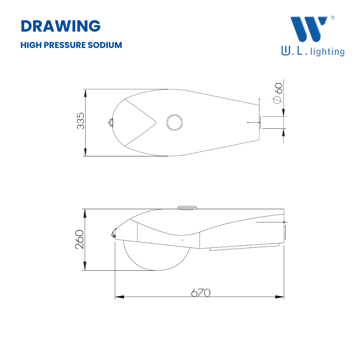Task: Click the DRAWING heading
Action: (61, 26)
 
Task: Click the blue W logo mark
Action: (309, 29)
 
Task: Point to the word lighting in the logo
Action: (327, 52)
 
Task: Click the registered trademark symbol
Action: (332, 18)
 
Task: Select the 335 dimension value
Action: (80, 121)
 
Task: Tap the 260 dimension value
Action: (80, 240)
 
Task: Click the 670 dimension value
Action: (201, 293)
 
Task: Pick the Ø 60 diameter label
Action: (278, 93)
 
